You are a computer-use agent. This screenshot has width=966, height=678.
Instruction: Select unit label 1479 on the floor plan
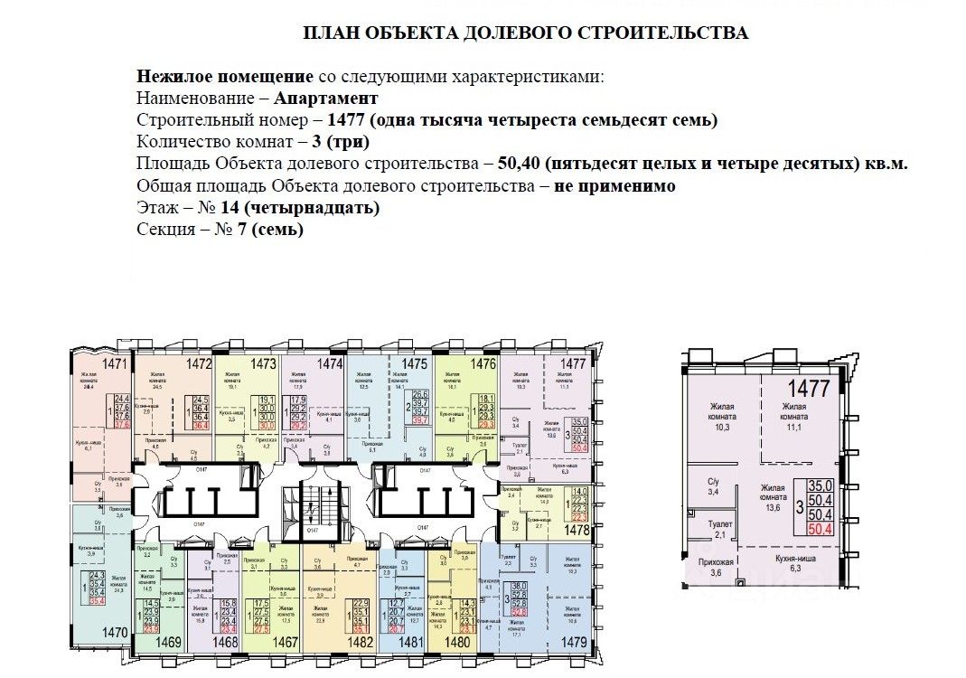click(x=572, y=643)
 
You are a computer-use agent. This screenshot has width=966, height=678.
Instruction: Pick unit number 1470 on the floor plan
click(x=90, y=633)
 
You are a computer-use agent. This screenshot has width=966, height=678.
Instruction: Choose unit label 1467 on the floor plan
click(x=285, y=643)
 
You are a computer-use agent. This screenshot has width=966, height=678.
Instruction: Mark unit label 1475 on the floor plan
click(x=414, y=363)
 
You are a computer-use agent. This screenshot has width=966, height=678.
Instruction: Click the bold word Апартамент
click(x=325, y=98)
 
